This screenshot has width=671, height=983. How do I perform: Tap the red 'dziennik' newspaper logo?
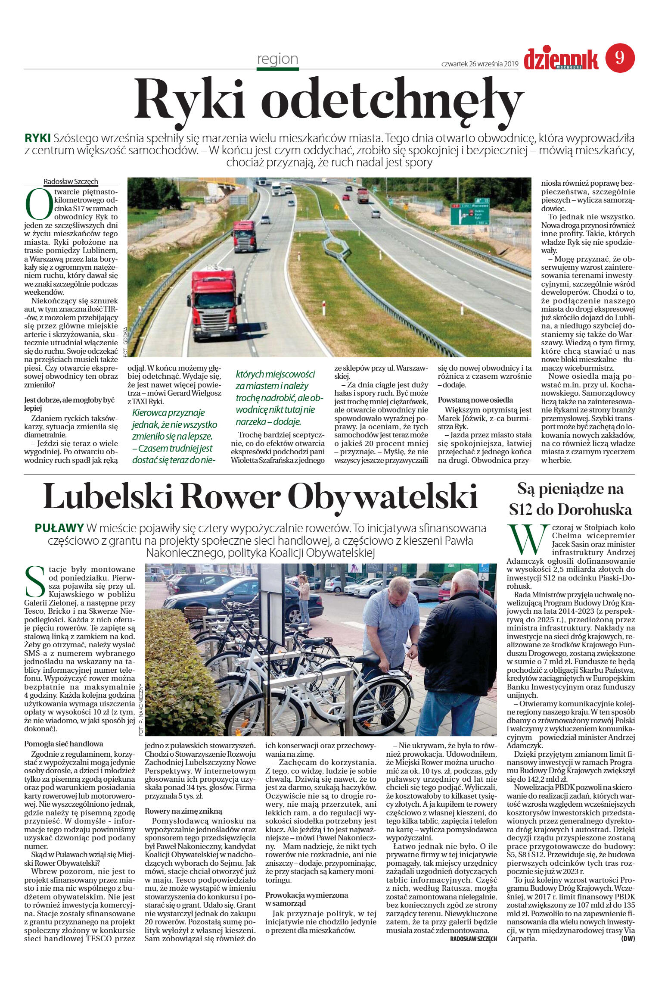coord(561,59)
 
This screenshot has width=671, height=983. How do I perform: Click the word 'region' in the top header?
coord(277,59)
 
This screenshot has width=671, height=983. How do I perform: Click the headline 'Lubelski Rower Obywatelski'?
coord(261,496)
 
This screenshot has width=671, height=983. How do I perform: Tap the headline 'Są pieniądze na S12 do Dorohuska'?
coord(570,499)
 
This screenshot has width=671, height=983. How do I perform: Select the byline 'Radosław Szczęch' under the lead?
coord(71,181)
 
